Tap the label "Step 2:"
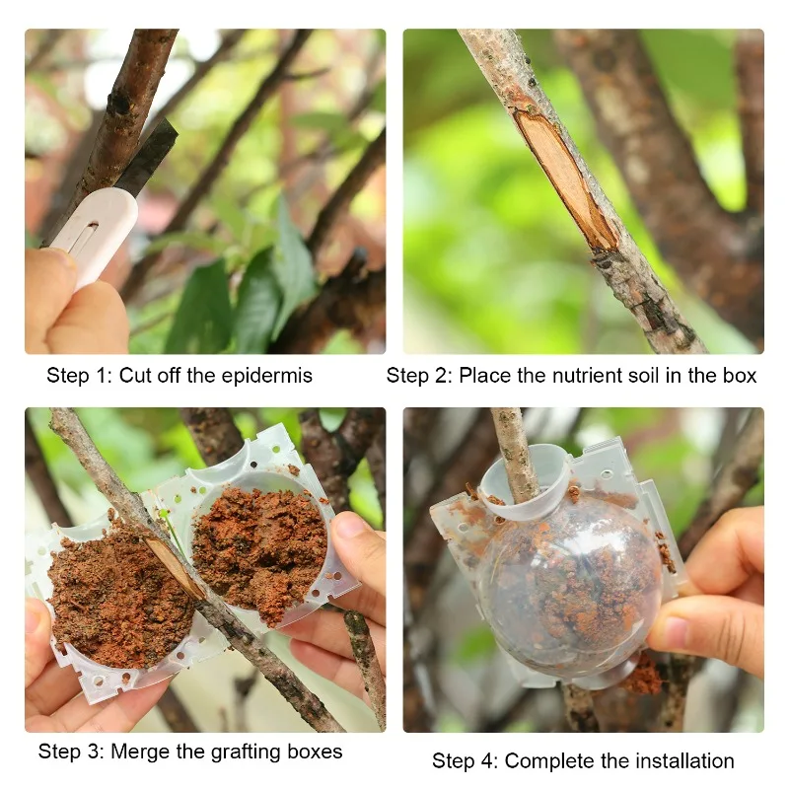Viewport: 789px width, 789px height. [419, 376]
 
